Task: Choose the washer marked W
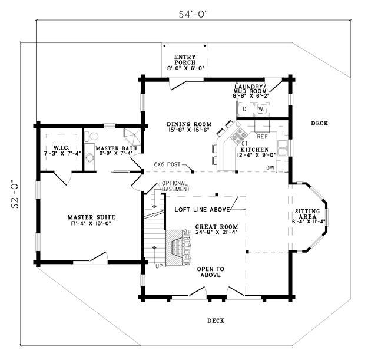[x=261, y=110]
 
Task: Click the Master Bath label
[x=117, y=150]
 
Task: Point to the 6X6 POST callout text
[x=167, y=163]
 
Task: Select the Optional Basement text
[x=175, y=186]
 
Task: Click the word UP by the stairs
[x=158, y=266]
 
